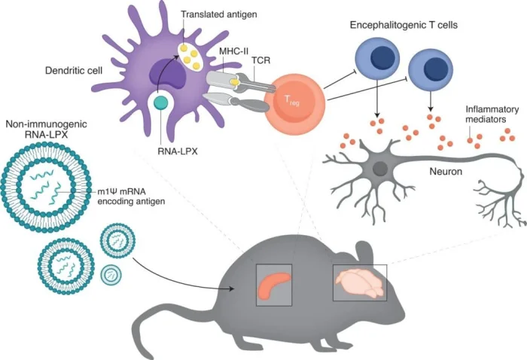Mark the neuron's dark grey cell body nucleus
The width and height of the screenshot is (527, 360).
click(x=381, y=168)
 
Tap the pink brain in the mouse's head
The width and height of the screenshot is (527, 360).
click(x=358, y=282)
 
